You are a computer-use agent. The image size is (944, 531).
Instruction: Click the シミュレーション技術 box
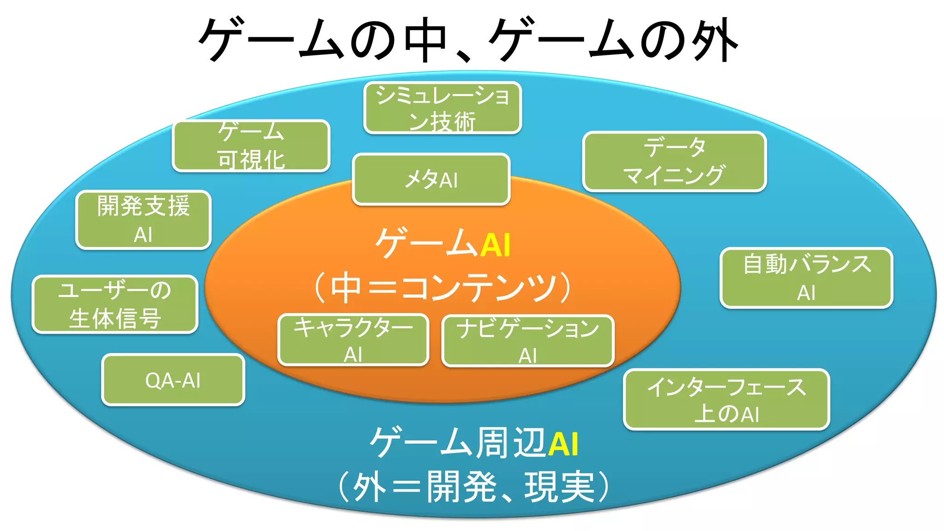442,108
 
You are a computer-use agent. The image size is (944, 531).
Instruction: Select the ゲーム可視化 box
251,146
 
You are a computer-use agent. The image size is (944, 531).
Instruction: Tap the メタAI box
431,179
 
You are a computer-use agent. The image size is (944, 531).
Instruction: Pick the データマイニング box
674,161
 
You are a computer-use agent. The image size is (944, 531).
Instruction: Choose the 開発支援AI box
143,220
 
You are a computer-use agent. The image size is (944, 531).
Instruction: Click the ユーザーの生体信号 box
115,304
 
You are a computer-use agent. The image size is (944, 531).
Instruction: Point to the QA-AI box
173,380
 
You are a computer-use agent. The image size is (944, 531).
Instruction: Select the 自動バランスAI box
806,278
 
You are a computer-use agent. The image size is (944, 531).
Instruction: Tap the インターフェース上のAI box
726,400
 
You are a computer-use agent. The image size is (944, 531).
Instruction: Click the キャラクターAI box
354,340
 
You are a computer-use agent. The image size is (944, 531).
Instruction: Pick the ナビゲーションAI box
528,341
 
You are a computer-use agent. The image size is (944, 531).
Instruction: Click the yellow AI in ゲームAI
496,245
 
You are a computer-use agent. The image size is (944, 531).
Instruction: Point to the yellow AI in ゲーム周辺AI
563,444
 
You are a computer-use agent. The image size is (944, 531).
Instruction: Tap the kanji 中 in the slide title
425,41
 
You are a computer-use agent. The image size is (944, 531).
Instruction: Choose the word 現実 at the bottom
560,487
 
